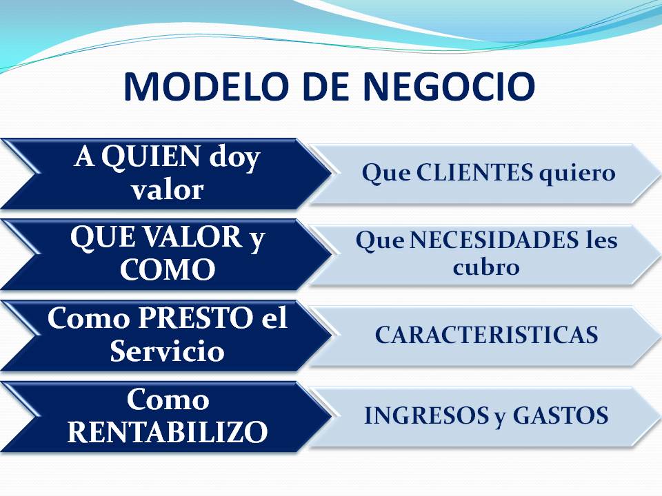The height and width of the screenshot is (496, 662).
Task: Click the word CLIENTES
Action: coord(474,172)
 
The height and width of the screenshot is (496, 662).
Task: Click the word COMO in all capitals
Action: coord(168,269)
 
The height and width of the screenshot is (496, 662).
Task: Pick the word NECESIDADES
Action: coord(494,240)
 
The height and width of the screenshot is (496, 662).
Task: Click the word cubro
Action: coord(486,267)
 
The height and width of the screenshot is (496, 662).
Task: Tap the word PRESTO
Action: coord(195,318)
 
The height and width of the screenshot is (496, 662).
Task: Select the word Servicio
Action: coord(167,350)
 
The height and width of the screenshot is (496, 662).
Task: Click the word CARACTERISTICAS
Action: coord(486,335)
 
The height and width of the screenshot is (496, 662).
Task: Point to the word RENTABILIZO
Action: coord(168,431)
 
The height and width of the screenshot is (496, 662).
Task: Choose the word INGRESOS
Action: coord(425,415)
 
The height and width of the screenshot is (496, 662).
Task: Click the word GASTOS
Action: coord(561,415)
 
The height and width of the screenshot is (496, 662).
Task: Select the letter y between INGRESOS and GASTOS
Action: coord(501,417)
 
